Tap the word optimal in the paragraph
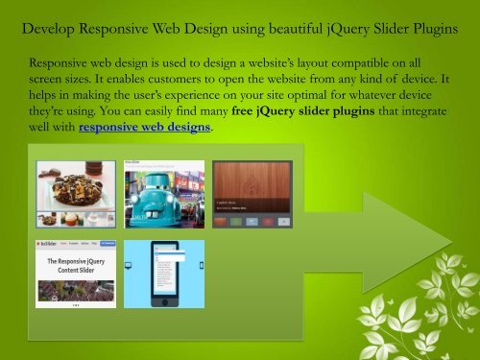pos(319,97)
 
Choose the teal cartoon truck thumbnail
pos(164,193)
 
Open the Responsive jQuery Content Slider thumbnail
pos(76,273)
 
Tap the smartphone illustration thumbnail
pos(164,273)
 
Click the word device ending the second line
pos(427,80)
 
